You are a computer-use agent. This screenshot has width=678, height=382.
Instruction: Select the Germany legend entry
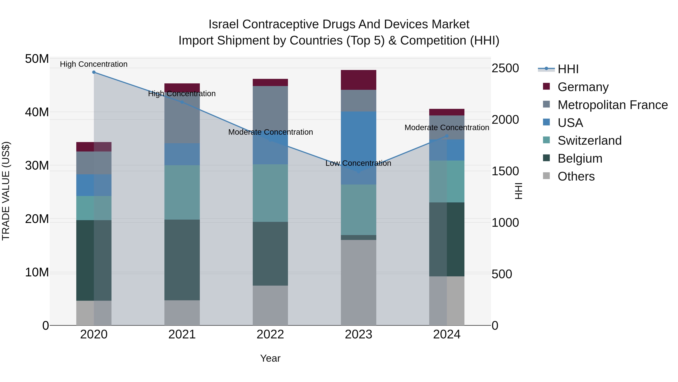point(583,87)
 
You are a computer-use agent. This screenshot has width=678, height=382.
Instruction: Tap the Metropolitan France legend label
point(612,105)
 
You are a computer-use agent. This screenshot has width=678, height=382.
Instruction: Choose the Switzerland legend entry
point(589,141)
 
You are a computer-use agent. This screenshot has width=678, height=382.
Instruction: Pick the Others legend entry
point(576,176)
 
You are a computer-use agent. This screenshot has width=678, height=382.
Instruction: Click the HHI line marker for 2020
point(94,72)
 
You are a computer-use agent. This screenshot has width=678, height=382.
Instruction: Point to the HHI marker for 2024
point(447,136)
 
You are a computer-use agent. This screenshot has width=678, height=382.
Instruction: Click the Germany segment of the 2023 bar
point(358,80)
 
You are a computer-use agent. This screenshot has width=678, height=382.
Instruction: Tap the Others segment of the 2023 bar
point(358,282)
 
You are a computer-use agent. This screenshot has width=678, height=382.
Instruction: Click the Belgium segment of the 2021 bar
point(182,260)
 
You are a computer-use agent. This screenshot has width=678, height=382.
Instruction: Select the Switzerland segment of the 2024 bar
point(447,181)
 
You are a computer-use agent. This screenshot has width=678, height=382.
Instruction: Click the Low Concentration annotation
point(358,163)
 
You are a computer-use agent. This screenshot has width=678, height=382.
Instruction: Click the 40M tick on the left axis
point(37,112)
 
